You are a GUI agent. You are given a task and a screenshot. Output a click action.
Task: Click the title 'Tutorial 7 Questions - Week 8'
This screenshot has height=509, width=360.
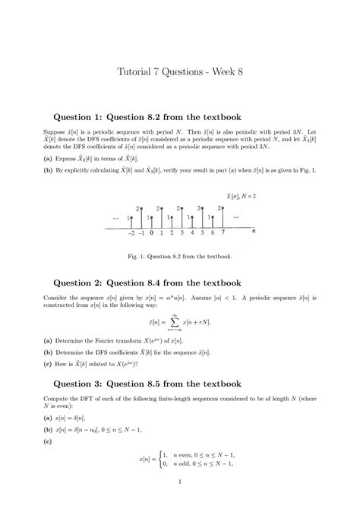pos(180,73)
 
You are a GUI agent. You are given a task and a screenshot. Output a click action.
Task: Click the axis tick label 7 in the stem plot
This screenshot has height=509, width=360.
pos(223,234)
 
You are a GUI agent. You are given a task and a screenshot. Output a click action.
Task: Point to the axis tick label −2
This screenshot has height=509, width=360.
pos(131,234)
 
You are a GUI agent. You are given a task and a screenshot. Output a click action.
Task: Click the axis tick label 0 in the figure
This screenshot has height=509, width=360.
pos(152,234)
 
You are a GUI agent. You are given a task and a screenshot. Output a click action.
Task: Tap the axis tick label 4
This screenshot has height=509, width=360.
pos(192,234)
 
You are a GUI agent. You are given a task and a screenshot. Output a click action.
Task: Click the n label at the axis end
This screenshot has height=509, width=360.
pos(253,231)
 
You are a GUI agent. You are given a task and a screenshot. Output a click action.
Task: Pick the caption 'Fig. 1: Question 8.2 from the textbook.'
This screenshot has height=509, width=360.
pos(180,257)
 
